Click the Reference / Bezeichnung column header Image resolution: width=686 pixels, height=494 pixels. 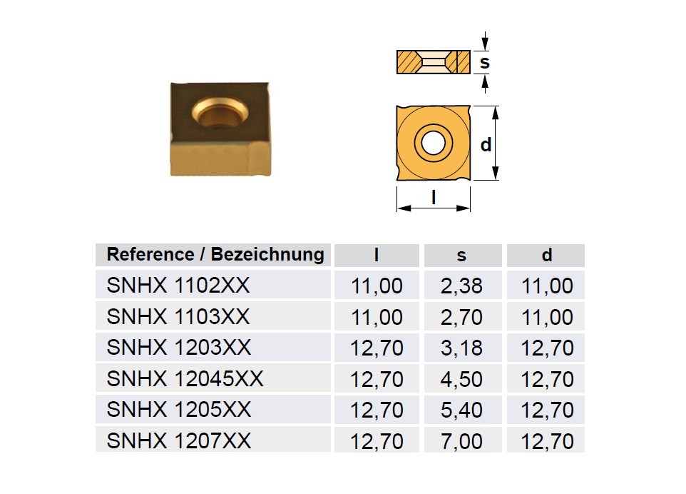[x=215, y=254]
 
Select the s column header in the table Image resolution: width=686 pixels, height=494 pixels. [x=461, y=256]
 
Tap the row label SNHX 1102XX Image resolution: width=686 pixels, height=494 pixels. [x=178, y=286]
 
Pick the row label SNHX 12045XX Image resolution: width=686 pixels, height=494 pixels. [x=185, y=379]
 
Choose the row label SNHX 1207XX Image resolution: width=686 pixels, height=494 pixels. [x=179, y=441]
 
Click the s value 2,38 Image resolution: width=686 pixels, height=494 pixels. [x=461, y=286]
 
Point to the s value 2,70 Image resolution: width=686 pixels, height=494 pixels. [x=461, y=317]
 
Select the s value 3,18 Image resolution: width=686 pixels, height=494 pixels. [x=461, y=348]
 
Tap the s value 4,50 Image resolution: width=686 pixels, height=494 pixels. [x=461, y=379]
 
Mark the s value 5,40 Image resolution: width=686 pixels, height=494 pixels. [x=461, y=410]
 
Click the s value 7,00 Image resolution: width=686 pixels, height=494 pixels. [x=461, y=441]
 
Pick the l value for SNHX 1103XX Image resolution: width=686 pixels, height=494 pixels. [x=377, y=317]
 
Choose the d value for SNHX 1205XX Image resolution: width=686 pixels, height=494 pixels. [x=547, y=410]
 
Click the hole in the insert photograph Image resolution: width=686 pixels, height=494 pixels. [x=220, y=113]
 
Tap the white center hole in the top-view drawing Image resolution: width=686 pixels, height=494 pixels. [x=433, y=142]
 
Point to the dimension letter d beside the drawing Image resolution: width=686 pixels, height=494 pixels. [x=486, y=144]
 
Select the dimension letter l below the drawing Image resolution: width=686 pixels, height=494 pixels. [x=434, y=198]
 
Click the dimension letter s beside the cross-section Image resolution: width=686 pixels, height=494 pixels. [x=485, y=62]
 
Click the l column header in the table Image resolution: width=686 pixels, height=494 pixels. [x=377, y=255]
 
